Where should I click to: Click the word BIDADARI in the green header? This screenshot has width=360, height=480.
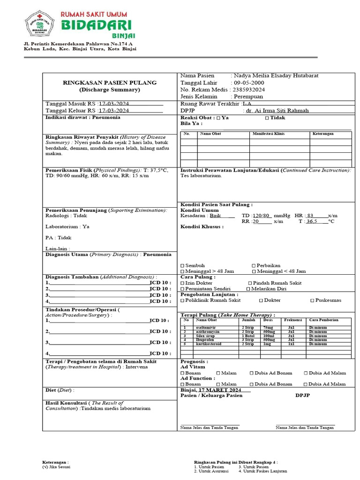96,24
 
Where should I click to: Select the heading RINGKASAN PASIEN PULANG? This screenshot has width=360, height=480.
110,82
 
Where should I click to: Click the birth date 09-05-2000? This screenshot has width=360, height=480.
248,82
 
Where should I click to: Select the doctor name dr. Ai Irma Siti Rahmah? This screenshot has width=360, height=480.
277,111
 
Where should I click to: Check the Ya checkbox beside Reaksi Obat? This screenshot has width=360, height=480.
214,118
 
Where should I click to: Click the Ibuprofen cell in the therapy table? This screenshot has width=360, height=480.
206,340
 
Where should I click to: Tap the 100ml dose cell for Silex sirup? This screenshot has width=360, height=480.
269,336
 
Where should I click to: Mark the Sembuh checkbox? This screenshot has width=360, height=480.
183,265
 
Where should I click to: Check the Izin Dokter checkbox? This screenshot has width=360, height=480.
183,283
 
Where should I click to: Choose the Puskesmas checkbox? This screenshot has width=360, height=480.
313,300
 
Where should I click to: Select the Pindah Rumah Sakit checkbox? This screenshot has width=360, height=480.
249,283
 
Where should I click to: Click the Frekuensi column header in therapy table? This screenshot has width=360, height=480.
293,320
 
